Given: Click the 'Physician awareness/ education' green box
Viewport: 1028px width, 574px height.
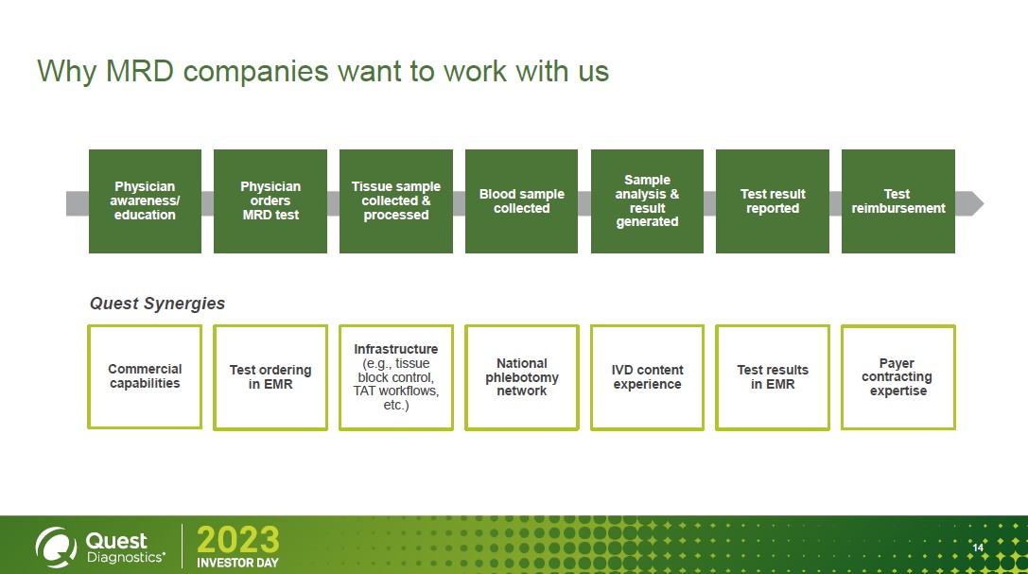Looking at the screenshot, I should [145, 201].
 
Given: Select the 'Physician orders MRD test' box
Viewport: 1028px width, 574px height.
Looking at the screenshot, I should [270, 201].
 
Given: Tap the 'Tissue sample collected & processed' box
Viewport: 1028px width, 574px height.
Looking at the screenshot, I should [396, 201].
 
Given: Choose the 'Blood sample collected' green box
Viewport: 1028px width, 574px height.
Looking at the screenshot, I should [521, 201].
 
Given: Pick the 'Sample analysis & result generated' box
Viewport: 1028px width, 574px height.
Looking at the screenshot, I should [647, 201].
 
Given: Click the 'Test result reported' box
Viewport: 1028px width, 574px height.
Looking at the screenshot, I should [773, 201].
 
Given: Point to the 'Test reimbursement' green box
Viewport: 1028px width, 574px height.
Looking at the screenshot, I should [897, 201].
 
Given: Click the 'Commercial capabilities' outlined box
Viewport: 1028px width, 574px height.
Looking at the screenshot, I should [145, 376].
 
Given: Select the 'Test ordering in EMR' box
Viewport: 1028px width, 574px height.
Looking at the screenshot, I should [270, 377].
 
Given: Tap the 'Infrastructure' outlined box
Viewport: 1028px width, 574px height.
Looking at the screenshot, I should [396, 377].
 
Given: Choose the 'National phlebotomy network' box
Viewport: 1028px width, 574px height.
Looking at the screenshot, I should [521, 377].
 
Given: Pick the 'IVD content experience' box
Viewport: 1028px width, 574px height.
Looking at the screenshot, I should [647, 377].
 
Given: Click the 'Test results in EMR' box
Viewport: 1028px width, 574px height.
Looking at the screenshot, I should [773, 377].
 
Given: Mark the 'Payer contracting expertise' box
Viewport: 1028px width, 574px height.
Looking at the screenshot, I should [897, 376].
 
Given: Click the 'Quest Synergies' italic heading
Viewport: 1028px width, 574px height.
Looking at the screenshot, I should [157, 304].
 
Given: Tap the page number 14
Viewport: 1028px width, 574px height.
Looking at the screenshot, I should [978, 548].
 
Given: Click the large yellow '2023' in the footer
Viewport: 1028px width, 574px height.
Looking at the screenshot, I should [237, 540].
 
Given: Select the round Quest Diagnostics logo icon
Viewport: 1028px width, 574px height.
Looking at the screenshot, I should [55, 545].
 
